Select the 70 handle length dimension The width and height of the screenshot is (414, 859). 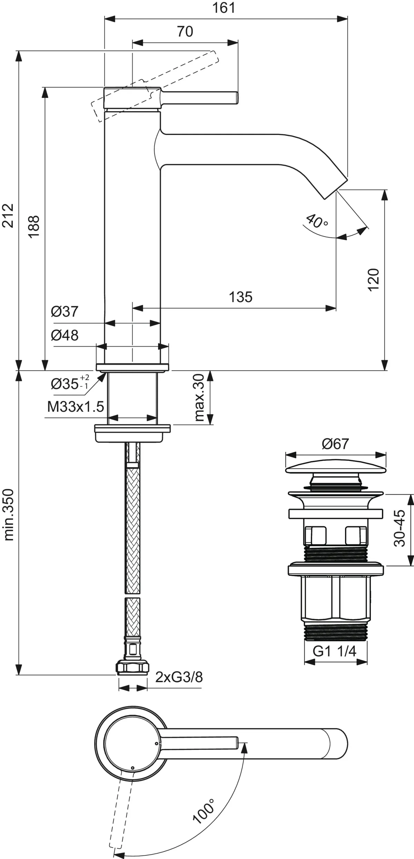[x=185, y=32]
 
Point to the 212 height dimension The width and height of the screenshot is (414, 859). [x=8, y=216]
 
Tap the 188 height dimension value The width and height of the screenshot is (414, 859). [x=34, y=226]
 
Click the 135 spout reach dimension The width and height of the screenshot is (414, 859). [x=241, y=297]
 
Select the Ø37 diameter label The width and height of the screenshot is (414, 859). [x=65, y=312]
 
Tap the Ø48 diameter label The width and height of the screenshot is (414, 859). [x=65, y=335]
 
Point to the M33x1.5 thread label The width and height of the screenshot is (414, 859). [x=76, y=407]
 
